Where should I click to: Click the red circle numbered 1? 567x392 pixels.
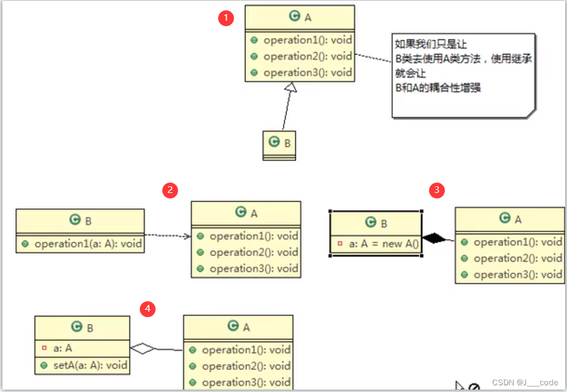click(x=226, y=18)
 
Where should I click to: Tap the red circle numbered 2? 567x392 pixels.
click(x=170, y=190)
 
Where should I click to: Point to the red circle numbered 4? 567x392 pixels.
click(x=146, y=309)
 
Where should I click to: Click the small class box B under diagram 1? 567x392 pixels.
click(x=280, y=145)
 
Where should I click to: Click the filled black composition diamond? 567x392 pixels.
click(x=433, y=239)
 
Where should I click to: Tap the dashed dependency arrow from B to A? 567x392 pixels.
click(x=168, y=235)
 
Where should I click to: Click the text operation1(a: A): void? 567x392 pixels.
click(x=88, y=244)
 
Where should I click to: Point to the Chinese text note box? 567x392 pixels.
click(x=463, y=76)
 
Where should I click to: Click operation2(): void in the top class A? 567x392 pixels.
click(x=307, y=57)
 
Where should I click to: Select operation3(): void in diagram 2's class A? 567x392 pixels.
click(x=253, y=268)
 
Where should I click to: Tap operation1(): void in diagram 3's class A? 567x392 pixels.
click(x=517, y=242)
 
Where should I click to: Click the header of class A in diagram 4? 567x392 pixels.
click(x=238, y=327)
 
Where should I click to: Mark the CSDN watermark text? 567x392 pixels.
click(x=525, y=382)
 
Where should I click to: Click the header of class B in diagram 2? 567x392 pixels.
click(x=80, y=220)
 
